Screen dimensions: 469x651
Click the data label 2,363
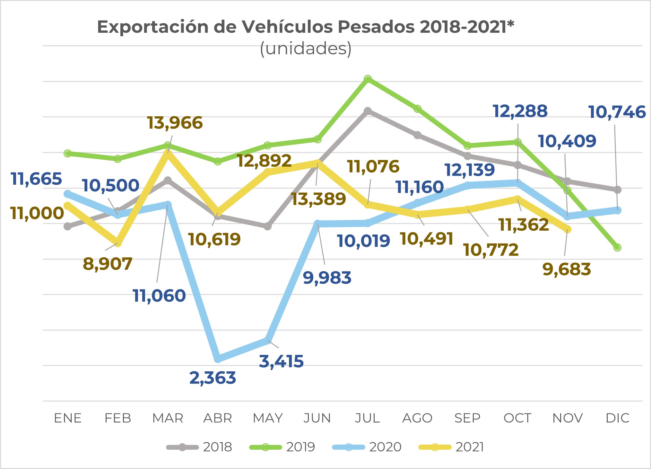point(213,378)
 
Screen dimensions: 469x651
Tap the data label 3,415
point(281,361)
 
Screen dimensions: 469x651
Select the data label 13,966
point(175,123)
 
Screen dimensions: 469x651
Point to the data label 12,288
point(520,111)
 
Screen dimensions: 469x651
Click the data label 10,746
point(617,112)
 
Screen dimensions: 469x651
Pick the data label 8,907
point(108,264)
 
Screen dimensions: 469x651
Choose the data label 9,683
point(567,269)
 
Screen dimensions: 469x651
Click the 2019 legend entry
point(282,447)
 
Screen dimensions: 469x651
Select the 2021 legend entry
point(451,447)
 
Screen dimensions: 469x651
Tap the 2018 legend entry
point(199,447)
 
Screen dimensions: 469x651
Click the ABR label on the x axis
point(218,418)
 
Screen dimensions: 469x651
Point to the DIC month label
point(617,418)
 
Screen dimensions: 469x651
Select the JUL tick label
point(368,418)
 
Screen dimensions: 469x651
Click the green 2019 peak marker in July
point(368,79)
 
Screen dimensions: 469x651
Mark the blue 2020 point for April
point(218,358)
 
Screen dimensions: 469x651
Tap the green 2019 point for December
point(617,247)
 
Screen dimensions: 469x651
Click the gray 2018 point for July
point(368,111)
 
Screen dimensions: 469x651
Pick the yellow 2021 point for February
point(118,242)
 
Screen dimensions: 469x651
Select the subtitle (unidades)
point(306,49)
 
